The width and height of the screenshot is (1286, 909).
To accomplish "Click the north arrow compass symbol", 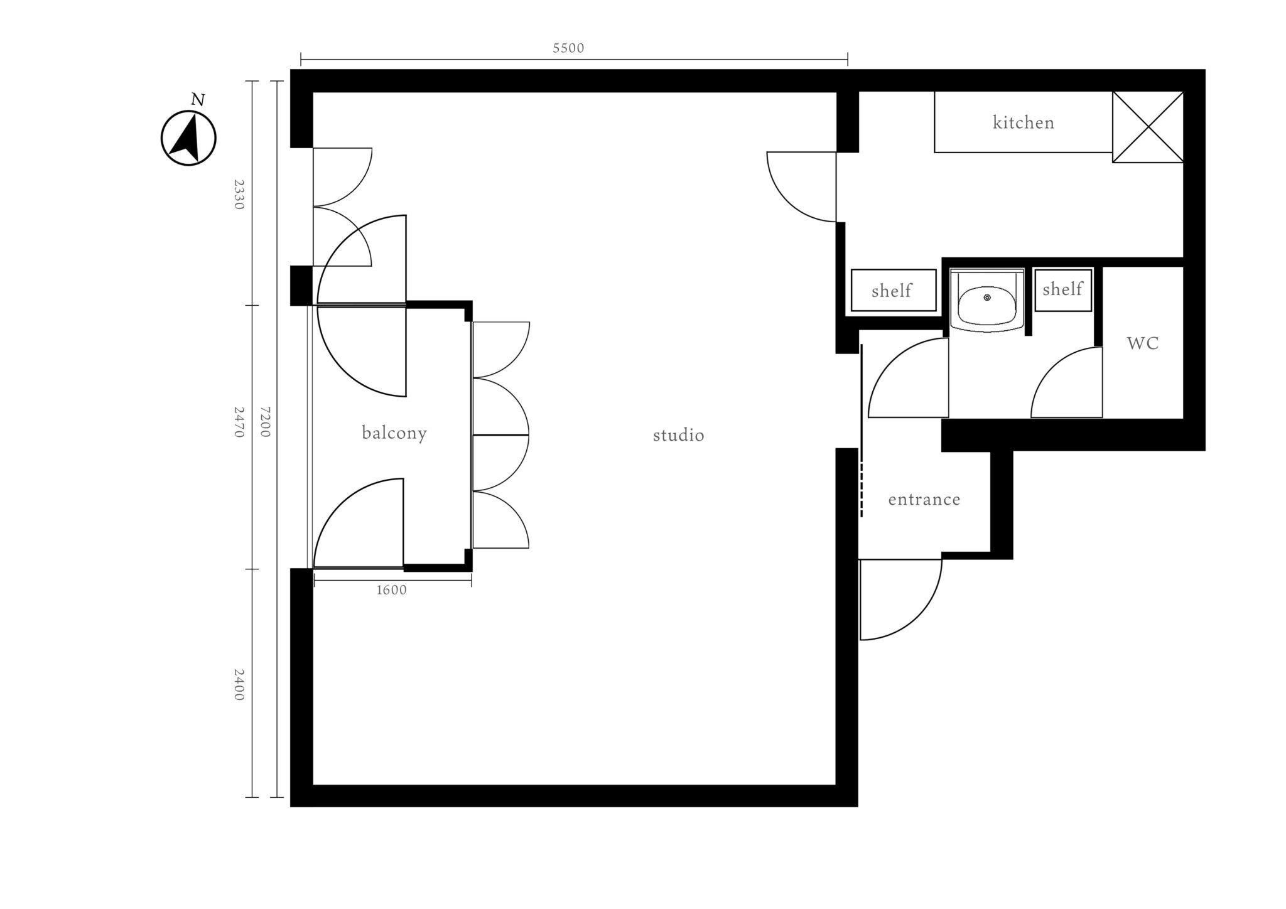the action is [x=188, y=138].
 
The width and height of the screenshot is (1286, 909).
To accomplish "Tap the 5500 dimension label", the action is [x=568, y=48].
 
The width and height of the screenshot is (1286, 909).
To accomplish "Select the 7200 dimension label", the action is [x=265, y=422].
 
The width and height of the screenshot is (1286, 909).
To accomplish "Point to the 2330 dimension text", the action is [x=239, y=195].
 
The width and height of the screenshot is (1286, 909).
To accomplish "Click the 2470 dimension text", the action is [x=239, y=422].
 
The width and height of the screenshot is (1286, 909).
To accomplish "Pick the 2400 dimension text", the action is [x=239, y=685].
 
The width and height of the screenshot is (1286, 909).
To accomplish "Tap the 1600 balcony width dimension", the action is [x=391, y=590].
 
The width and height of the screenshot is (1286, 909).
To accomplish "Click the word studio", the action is [x=678, y=435].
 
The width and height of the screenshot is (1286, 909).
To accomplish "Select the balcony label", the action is [x=394, y=433].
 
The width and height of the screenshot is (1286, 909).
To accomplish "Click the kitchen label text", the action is [x=1024, y=122].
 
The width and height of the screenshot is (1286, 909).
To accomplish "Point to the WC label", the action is [x=1143, y=343].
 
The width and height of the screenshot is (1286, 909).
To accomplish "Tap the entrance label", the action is [x=924, y=500].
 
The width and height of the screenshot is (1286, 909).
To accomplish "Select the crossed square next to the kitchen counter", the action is [x=1148, y=127].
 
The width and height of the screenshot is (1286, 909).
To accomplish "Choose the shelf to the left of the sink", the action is [x=894, y=290].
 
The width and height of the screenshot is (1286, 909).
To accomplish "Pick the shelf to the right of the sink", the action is [x=1062, y=289].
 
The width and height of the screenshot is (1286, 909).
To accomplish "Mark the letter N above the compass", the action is [x=198, y=100].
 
